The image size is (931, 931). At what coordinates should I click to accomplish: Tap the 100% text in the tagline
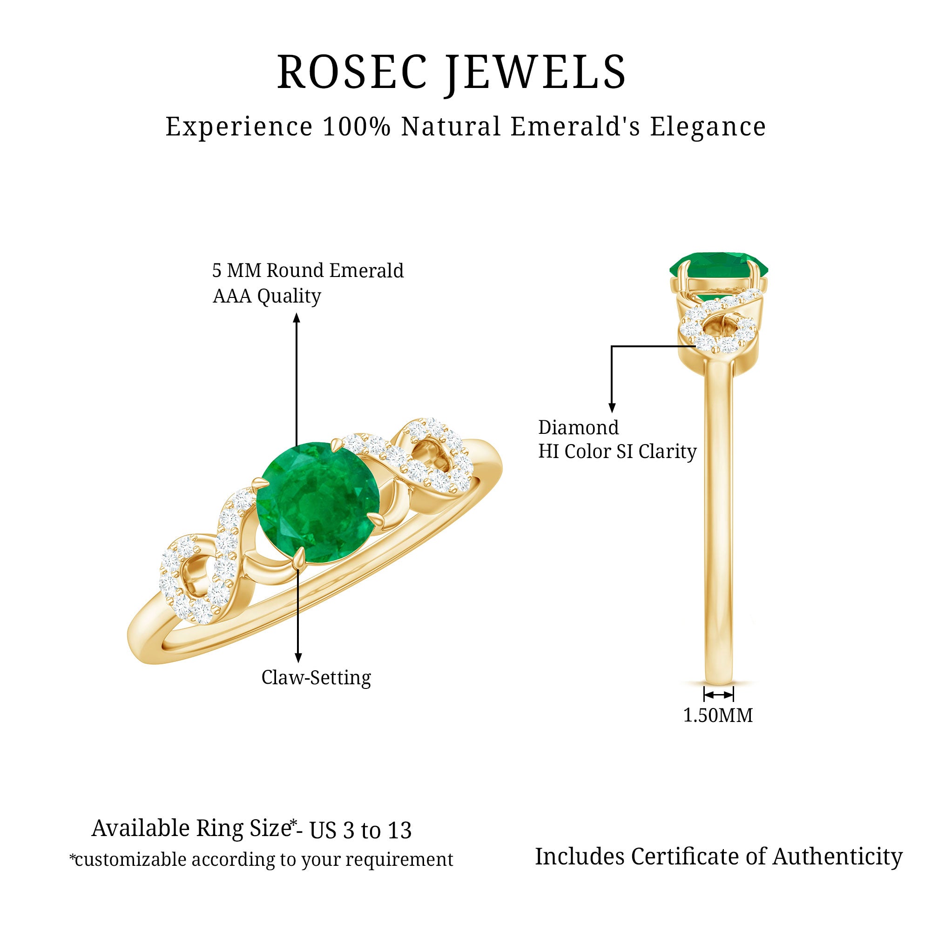pyautogui.click(x=357, y=127)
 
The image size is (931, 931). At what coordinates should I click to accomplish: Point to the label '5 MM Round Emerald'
pyautogui.click(x=308, y=270)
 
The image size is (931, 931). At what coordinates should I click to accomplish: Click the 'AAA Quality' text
pyautogui.click(x=266, y=296)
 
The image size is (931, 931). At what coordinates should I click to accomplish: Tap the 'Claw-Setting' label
pyautogui.click(x=316, y=677)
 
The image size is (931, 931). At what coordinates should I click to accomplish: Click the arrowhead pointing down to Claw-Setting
pyautogui.click(x=298, y=657)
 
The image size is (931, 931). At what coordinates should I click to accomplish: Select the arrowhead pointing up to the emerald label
pyautogui.click(x=297, y=317)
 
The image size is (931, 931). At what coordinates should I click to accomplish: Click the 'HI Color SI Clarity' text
pyautogui.click(x=617, y=452)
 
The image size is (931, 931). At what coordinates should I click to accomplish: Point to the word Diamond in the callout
pyautogui.click(x=578, y=427)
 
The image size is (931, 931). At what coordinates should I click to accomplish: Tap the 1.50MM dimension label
pyautogui.click(x=718, y=715)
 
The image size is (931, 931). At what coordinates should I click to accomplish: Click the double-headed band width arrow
pyautogui.click(x=718, y=695)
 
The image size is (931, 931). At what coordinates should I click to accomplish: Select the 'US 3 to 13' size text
pyautogui.click(x=360, y=830)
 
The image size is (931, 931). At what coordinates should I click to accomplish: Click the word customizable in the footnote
pyautogui.click(x=131, y=859)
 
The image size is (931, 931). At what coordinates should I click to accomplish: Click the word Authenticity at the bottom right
pyautogui.click(x=837, y=857)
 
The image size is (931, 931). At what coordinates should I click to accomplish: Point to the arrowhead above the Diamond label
pyautogui.click(x=612, y=408)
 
